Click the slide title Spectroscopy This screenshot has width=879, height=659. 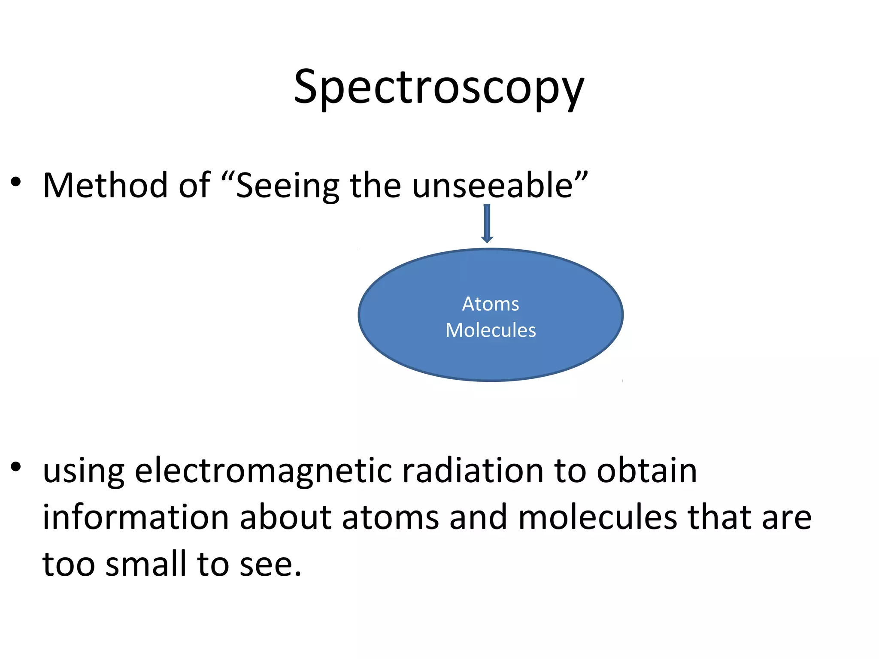[439, 88]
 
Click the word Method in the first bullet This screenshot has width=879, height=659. [105, 185]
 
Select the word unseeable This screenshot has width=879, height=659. [492, 185]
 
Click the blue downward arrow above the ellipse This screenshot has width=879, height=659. [487, 223]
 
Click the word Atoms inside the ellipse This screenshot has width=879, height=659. [491, 304]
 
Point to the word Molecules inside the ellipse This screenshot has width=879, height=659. [491, 330]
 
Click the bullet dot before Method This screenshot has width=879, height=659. [16, 182]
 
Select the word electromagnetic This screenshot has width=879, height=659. [263, 471]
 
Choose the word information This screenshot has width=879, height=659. [135, 517]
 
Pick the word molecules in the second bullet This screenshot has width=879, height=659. [598, 517]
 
